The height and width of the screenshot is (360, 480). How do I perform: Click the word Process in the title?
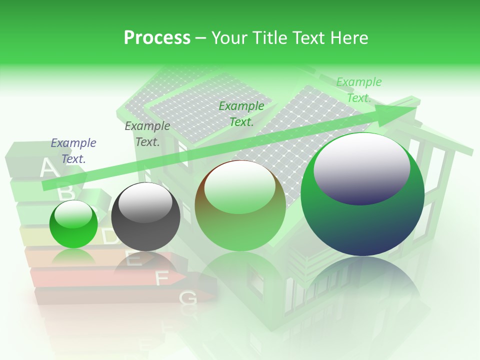click(x=157, y=38)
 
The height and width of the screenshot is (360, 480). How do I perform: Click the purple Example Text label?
click(x=73, y=151)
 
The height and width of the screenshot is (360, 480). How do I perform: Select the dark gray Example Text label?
click(x=147, y=134)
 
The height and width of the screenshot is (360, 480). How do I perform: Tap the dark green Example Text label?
click(x=241, y=113)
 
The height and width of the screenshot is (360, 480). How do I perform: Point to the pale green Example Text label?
click(x=359, y=90)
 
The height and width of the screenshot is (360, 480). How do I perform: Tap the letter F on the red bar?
click(x=162, y=278)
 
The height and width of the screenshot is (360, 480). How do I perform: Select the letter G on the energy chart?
click(x=188, y=298)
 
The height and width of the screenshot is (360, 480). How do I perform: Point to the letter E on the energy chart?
click(x=133, y=258)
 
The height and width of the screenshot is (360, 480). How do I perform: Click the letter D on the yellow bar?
click(x=110, y=236)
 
